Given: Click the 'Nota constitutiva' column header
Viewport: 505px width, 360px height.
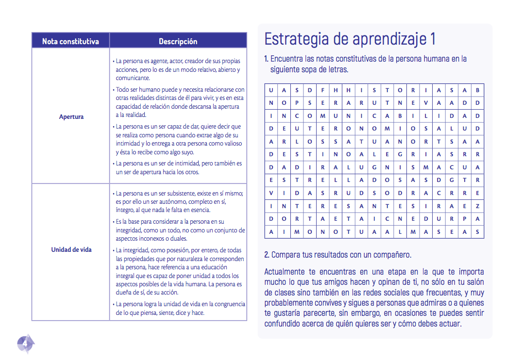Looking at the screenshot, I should tap(70, 41).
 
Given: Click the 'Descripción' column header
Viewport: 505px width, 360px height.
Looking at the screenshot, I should tap(178, 41).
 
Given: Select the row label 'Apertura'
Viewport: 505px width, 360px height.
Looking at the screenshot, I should tap(71, 116).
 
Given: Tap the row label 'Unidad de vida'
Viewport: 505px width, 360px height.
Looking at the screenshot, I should tap(71, 250).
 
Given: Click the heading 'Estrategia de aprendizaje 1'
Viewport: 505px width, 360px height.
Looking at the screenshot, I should tap(350, 39).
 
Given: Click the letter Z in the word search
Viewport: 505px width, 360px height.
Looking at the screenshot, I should tap(477, 206).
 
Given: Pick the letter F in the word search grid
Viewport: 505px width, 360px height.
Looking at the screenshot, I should tap(322, 90).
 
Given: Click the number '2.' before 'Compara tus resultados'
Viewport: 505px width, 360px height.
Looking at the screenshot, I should tap(267, 255).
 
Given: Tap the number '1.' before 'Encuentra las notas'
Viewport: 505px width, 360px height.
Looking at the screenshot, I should tap(267, 59).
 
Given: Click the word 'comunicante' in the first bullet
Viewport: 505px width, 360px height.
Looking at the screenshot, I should tap(133, 78).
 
